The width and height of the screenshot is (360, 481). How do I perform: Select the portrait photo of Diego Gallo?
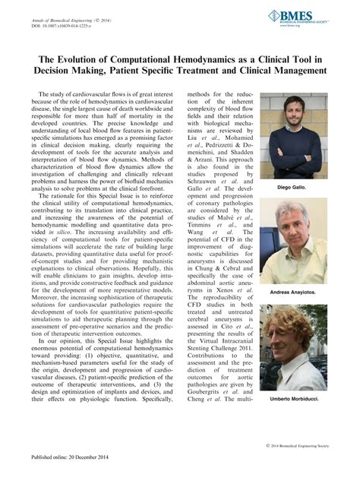[288, 134]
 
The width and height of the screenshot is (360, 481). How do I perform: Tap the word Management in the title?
[298, 71]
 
